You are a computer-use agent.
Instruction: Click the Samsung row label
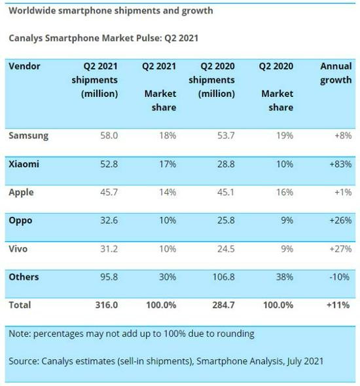28,136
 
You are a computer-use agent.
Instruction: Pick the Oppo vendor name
22,221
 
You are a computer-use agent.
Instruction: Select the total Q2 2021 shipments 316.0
105,305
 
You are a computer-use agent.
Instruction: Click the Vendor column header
25,67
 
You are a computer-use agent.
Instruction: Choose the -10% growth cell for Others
342,277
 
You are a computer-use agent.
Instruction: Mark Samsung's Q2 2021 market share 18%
167,136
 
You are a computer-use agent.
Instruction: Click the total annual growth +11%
341,305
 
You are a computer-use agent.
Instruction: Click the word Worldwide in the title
32,11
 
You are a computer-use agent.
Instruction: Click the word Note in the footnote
20,334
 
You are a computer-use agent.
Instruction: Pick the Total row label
20,305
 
